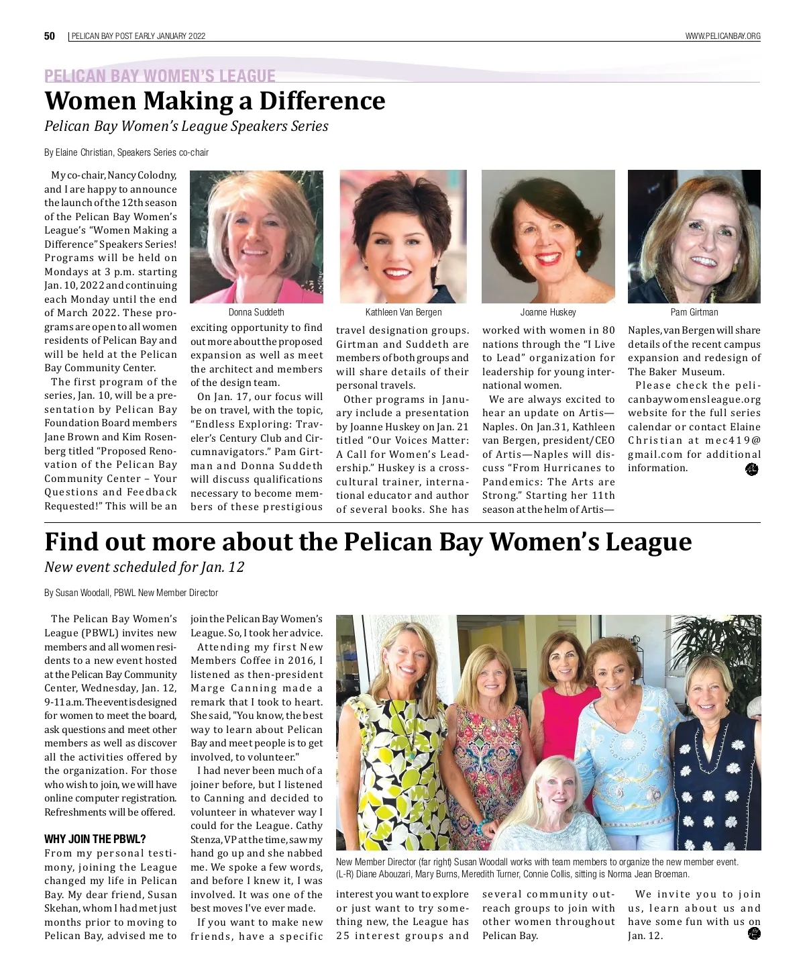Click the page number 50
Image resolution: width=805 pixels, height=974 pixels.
(50, 36)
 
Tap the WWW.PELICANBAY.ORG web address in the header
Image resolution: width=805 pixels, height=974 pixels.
(722, 36)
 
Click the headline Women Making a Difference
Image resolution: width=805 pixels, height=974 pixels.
(215, 101)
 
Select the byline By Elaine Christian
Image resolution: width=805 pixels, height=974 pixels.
(126, 152)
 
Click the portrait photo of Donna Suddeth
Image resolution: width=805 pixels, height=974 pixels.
(256, 236)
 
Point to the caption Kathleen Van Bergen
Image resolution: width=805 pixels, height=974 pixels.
(403, 312)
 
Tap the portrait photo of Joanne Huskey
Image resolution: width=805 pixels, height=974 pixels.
(548, 236)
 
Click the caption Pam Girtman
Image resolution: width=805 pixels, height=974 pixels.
(694, 312)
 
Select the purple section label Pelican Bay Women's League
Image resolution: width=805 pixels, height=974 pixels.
(160, 76)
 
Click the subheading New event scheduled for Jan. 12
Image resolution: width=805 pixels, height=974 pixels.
(144, 567)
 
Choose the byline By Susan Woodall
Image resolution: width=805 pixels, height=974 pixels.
(131, 593)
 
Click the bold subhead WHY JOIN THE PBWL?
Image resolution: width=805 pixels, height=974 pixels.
(95, 839)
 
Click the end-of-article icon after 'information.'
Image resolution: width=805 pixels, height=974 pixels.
(751, 470)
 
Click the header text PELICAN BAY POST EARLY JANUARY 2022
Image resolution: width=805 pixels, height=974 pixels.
(138, 36)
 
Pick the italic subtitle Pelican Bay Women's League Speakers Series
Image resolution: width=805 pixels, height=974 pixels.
(186, 126)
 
